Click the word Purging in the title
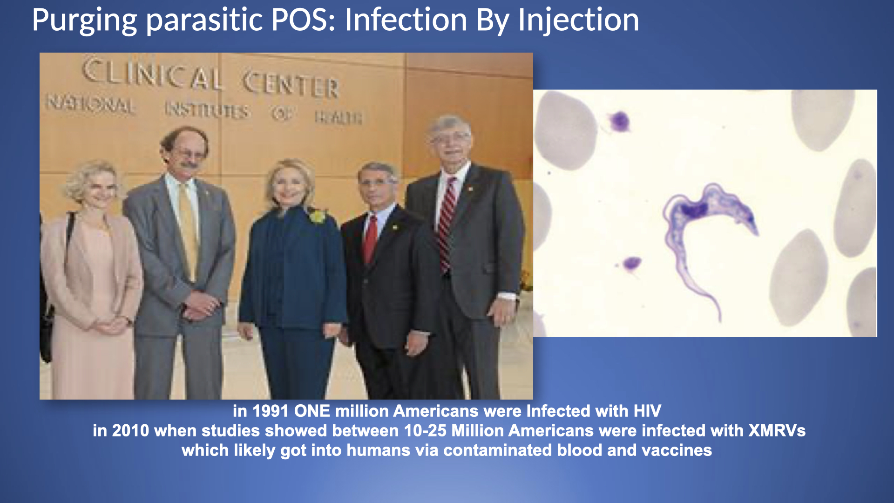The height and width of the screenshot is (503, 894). coord(84,20)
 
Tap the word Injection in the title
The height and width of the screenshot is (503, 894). coord(578,20)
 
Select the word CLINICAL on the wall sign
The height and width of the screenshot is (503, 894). coord(152,74)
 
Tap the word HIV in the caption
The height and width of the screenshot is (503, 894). coord(647,411)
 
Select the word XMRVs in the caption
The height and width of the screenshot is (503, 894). coord(777,431)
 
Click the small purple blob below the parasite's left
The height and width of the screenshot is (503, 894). coord(632,264)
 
